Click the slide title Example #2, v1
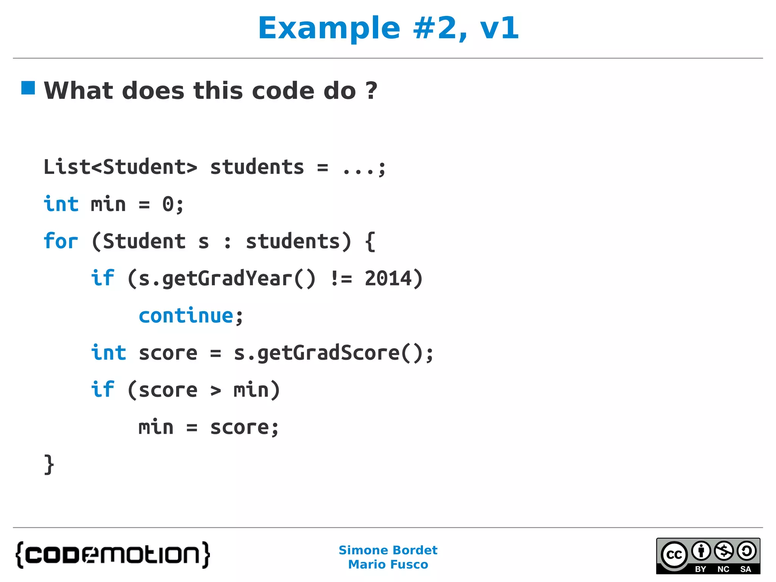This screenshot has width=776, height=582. click(x=388, y=28)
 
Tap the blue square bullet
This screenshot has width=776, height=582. click(x=28, y=88)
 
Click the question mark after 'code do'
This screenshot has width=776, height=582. click(x=371, y=91)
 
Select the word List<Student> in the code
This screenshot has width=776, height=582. click(x=120, y=167)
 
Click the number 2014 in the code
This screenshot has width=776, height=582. click(x=388, y=278)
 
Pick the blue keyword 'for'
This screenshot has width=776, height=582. click(x=61, y=241)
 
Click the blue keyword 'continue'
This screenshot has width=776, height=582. click(x=186, y=316)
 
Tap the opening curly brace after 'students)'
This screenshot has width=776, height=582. click(x=370, y=241)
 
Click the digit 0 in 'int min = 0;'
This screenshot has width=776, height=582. click(x=168, y=204)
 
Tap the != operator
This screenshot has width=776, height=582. click(x=341, y=278)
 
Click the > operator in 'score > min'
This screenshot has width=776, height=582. click(x=216, y=390)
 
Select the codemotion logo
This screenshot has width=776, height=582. click(x=113, y=555)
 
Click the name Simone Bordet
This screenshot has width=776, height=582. click(x=388, y=550)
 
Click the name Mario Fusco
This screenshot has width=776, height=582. click(x=388, y=565)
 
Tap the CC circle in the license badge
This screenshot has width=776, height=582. click(x=674, y=555)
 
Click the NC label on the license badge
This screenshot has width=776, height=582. click(x=723, y=569)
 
